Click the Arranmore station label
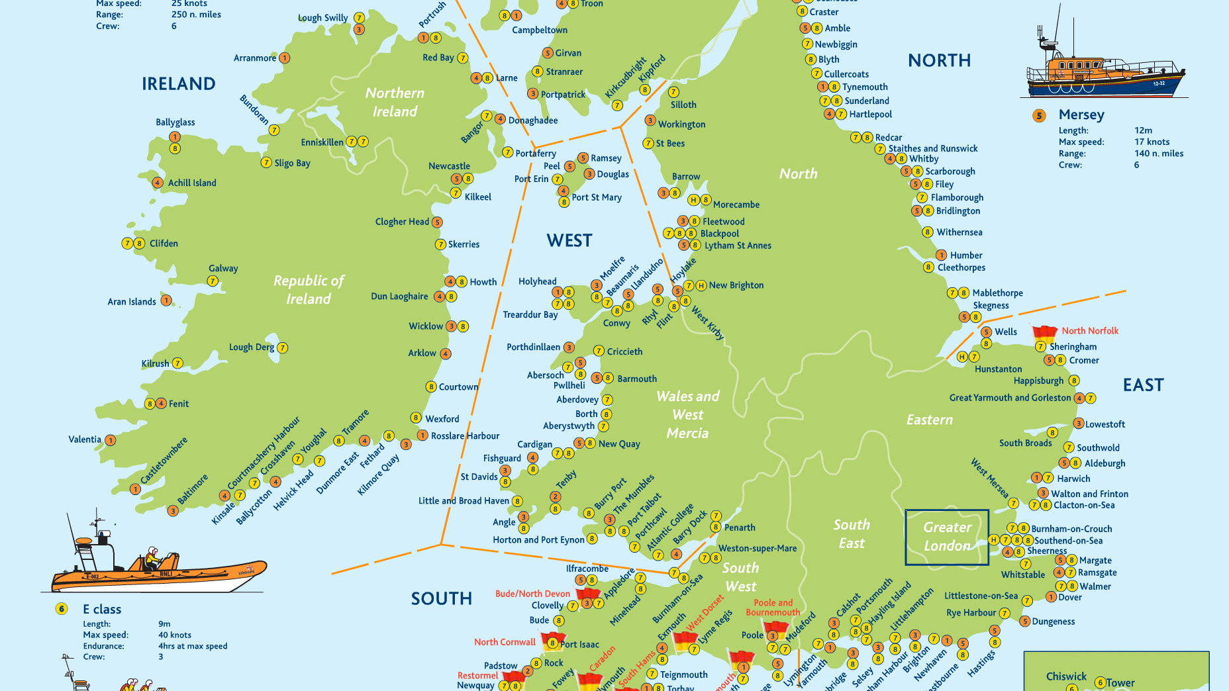click(x=254, y=58)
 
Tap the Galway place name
click(x=223, y=268)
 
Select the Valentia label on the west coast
click(x=85, y=439)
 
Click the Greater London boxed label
click(x=947, y=537)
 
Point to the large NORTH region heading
click(x=939, y=61)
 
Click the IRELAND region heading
click(x=178, y=84)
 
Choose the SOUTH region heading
click(x=442, y=599)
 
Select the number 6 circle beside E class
click(x=62, y=609)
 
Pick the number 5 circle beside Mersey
click(x=1039, y=116)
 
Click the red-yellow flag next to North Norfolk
click(x=1044, y=332)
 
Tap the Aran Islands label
click(x=132, y=302)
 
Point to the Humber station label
click(x=966, y=255)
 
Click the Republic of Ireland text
click(x=309, y=290)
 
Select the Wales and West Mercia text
click(x=688, y=415)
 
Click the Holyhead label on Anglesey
click(x=537, y=282)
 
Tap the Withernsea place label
click(x=959, y=232)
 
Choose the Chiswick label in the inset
click(x=1066, y=676)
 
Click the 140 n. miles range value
click(x=1159, y=154)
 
